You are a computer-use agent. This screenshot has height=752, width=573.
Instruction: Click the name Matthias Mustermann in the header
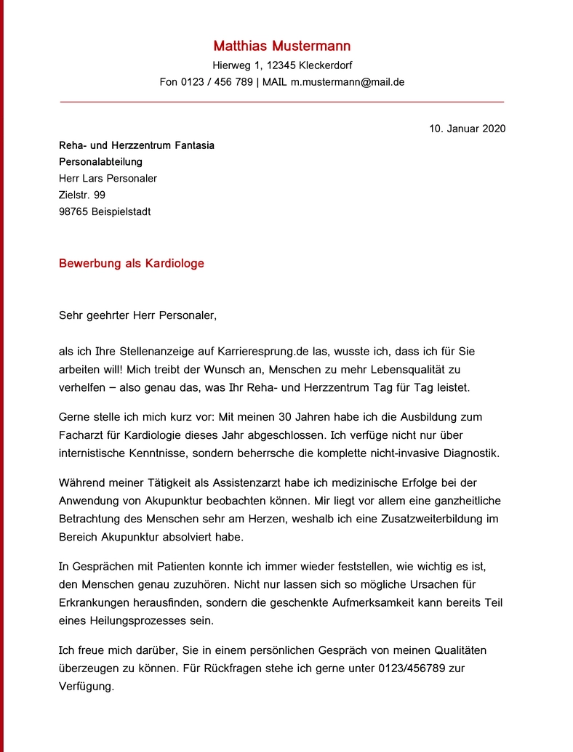point(281,46)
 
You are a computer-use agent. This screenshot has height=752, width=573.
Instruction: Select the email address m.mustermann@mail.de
point(347,82)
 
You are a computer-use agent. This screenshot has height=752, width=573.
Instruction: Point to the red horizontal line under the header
point(281,102)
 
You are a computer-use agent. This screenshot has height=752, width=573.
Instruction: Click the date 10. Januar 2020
point(467,129)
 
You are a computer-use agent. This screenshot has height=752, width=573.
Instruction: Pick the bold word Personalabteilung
point(100,162)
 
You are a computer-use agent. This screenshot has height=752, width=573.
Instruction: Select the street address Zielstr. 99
point(81,195)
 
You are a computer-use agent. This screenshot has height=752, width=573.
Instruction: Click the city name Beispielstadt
point(121,212)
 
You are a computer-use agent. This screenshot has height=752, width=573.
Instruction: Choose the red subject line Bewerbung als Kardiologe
point(131,263)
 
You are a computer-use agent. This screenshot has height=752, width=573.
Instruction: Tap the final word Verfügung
point(85,686)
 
